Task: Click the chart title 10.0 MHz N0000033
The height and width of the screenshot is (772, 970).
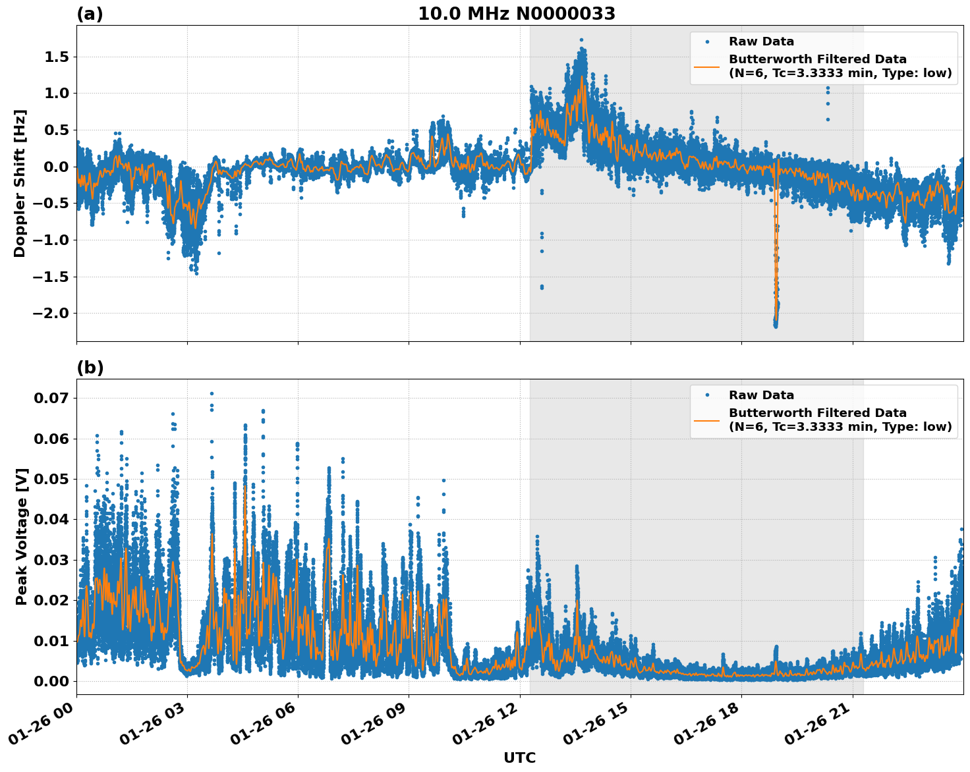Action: point(516,14)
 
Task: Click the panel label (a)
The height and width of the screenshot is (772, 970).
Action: point(90,14)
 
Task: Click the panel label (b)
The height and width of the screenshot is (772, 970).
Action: point(90,368)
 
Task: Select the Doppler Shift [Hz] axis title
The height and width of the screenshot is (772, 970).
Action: point(20,183)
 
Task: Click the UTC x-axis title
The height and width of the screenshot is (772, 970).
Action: point(519,758)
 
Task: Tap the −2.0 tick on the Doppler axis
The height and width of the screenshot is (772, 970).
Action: point(51,313)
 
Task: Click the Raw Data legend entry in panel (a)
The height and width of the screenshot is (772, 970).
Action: point(761,42)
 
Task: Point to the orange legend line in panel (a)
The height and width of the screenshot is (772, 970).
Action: point(706,66)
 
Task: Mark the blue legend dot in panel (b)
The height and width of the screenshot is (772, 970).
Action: point(706,395)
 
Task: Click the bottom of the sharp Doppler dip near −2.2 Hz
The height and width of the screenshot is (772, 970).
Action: point(776,326)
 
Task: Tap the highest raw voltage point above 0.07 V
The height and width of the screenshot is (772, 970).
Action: point(212,393)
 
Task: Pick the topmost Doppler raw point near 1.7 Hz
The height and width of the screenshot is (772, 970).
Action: point(581,40)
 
